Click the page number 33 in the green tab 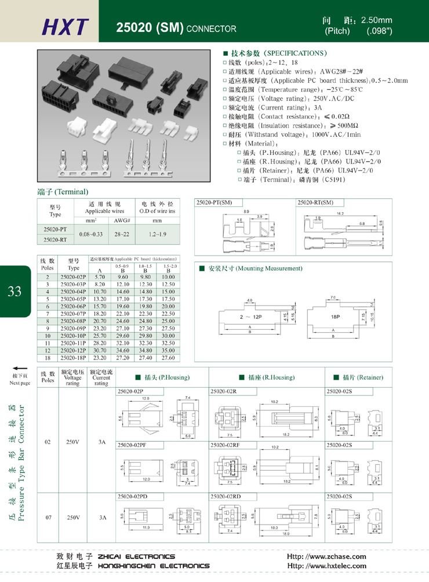pos(14,291)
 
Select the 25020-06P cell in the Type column pos(74,306)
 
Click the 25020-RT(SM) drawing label pos(315,202)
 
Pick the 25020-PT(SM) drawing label pos(214,202)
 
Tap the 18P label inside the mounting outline pos(335,318)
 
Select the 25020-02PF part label pos(132,445)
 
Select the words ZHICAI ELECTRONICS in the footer pos(136,556)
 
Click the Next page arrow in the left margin pos(20,369)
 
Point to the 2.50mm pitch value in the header pos(376,20)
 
